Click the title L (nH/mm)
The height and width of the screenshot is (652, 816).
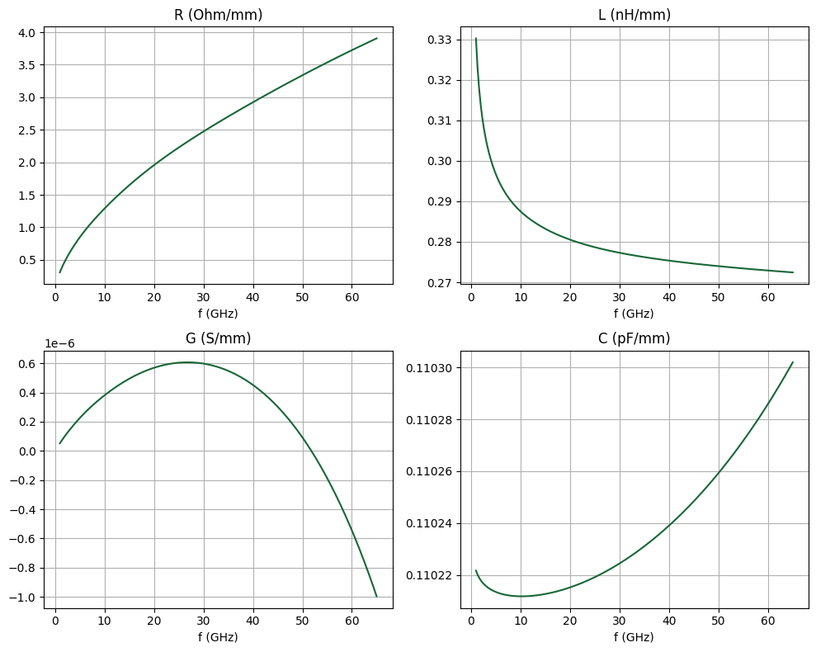[634, 14]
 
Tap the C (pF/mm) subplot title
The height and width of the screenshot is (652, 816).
[634, 338]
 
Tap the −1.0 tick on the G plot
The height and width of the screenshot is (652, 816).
[24, 597]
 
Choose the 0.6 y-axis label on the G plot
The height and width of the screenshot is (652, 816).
[28, 363]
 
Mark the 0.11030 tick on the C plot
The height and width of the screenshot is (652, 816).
[429, 368]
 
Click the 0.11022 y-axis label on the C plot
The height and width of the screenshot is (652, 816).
[429, 575]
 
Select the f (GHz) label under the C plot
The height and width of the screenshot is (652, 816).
[634, 637]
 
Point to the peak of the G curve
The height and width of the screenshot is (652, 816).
[187, 362]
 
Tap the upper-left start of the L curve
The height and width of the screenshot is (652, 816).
[476, 38]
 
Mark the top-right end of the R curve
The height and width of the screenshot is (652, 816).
[377, 38]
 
